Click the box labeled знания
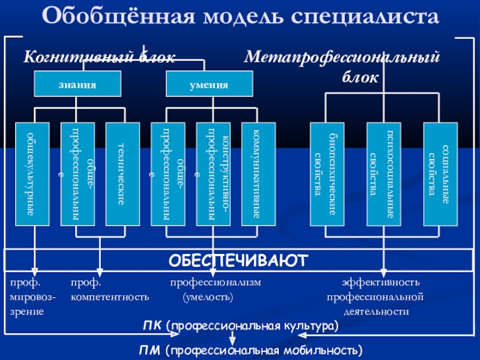pos(77,84)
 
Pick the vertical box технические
pos(122,174)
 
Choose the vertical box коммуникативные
pos(258,174)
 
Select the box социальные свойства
pos(440,174)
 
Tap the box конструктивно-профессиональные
pos(213,174)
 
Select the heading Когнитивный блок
pos(99,57)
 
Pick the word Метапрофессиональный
pos(342,57)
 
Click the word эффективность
pos(381,282)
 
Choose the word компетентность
pos(110,297)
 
